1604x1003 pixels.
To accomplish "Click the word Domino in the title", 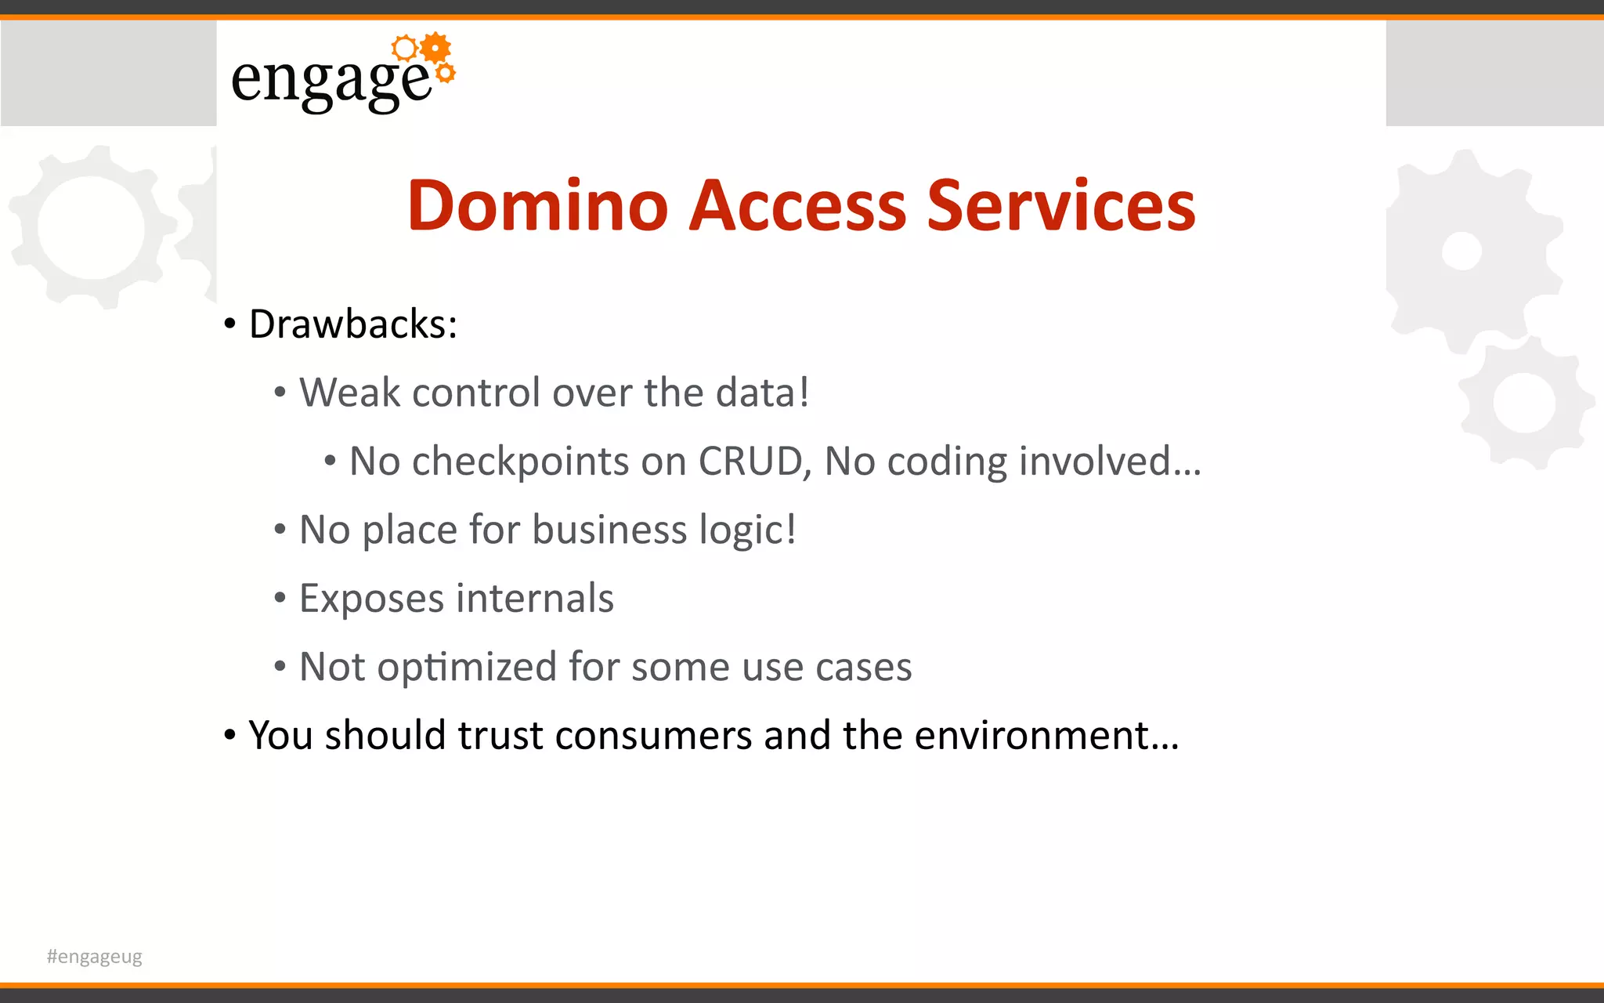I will tap(537, 205).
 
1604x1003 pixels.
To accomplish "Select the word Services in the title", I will tap(1061, 205).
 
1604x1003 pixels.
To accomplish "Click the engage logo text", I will tap(331, 80).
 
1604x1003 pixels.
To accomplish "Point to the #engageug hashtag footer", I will tap(94, 956).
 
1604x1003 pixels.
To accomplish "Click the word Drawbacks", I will tap(352, 324).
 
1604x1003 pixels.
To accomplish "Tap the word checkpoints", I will tap(520, 462).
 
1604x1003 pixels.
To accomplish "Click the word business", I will tap(609, 530).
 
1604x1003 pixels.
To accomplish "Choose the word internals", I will tap(535, 599).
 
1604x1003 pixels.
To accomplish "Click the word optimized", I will tap(467, 668).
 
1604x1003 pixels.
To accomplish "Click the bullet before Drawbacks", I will tap(229, 324).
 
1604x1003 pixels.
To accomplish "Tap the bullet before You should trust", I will tap(229, 736).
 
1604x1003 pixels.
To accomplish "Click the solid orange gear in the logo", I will tap(435, 49).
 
